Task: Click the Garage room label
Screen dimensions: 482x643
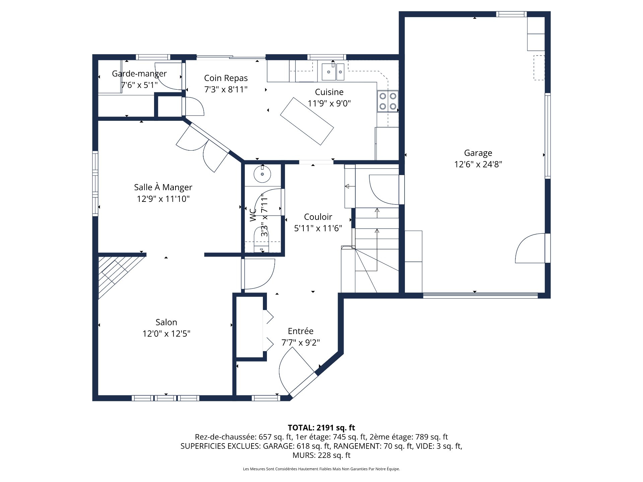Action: (x=478, y=153)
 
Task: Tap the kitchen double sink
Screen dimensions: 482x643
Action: (x=333, y=72)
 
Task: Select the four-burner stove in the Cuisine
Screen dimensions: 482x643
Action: (x=388, y=101)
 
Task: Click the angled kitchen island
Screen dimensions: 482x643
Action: (x=307, y=121)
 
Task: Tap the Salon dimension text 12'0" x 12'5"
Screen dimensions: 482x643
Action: (x=166, y=334)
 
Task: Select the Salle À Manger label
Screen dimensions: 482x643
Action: (x=163, y=187)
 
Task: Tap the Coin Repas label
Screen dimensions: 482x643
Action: (x=226, y=78)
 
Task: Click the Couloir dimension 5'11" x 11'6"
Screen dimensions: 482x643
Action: (x=318, y=228)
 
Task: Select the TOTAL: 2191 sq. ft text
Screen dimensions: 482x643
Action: (x=321, y=427)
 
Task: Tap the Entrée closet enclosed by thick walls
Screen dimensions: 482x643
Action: (x=249, y=327)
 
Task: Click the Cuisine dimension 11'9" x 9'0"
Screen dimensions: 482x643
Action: (x=329, y=103)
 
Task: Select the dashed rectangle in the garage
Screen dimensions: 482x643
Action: (x=539, y=68)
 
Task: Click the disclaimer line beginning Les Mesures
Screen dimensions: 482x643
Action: (x=321, y=469)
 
